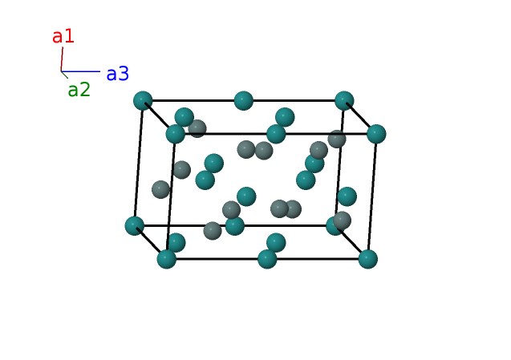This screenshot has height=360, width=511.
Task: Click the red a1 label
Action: click(63, 36)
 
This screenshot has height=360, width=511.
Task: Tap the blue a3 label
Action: click(117, 74)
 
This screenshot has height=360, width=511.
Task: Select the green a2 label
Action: click(79, 90)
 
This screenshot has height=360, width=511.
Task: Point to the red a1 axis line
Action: click(62, 59)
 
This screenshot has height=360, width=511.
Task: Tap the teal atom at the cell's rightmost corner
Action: click(376, 134)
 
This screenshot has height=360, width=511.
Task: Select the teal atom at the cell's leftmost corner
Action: click(135, 225)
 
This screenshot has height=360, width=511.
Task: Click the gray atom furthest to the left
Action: click(161, 189)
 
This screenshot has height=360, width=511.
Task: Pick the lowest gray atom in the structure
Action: click(213, 231)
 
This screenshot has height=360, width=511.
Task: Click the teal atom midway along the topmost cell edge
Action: click(244, 100)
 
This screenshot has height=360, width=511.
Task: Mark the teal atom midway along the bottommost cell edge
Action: click(267, 259)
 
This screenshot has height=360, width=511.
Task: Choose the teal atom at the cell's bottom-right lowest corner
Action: click(367, 259)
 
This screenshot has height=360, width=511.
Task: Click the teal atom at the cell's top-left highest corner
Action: click(143, 100)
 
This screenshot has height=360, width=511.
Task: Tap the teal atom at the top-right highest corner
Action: click(344, 100)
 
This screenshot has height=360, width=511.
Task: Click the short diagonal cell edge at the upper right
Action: click(360, 117)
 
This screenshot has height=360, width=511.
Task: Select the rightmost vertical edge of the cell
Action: click(372, 196)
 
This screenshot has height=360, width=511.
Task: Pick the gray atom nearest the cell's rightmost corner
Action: click(337, 139)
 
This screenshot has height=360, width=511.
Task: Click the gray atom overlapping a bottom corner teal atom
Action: click(343, 220)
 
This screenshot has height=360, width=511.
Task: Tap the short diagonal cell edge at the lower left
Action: click(151, 242)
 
